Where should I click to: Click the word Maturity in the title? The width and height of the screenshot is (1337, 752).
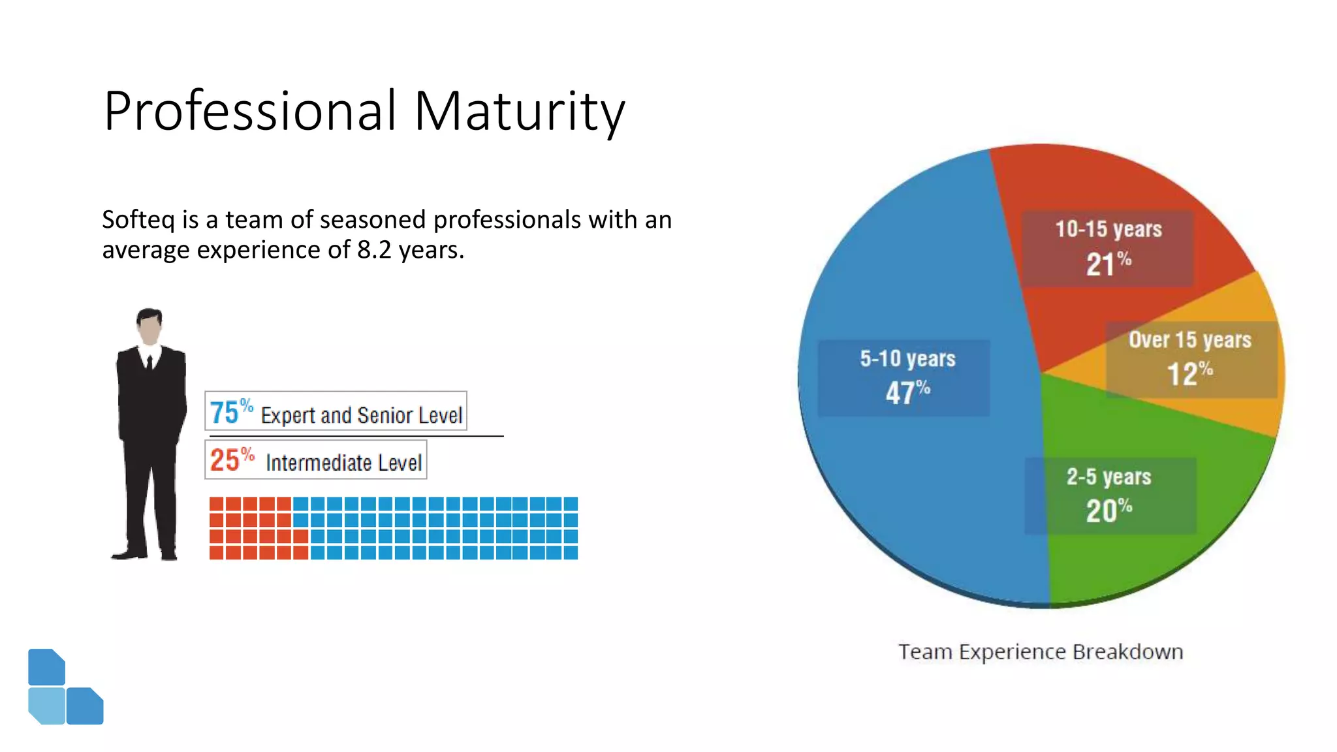pos(519,111)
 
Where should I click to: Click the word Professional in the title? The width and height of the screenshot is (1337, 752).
pos(250,111)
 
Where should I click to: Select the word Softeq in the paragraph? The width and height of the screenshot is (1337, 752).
pos(138,220)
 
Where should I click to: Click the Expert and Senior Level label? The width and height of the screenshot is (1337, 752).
pos(361,415)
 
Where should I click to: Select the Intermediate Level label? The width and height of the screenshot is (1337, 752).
pos(343,463)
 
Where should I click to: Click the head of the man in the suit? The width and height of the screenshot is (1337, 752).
pos(149,325)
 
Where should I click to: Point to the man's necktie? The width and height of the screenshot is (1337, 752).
pos(149,362)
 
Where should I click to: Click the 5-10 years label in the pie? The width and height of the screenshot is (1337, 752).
pos(907,358)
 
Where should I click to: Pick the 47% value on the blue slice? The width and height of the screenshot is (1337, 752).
pos(907,392)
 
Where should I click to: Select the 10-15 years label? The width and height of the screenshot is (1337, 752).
pos(1108,229)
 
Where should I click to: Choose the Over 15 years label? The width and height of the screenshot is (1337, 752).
pos(1189,339)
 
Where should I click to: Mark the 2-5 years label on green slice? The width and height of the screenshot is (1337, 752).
pos(1109,477)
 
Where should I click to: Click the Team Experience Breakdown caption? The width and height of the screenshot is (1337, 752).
pos(1040,651)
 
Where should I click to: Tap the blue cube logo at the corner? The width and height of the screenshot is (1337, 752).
pos(65,687)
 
